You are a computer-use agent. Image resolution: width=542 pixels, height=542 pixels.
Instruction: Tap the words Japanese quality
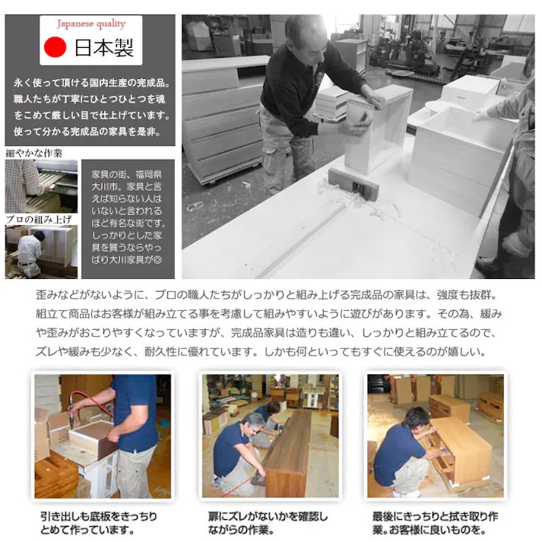tap(90, 24)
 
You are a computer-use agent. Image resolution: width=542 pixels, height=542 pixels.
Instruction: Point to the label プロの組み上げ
tap(39, 220)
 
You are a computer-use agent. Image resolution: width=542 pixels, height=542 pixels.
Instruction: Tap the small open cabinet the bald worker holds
tap(377, 125)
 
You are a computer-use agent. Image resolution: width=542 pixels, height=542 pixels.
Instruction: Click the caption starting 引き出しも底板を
tap(98, 522)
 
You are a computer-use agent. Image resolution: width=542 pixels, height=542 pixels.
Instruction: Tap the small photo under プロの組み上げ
tap(41, 252)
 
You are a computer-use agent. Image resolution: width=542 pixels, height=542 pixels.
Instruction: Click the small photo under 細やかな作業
tap(41, 186)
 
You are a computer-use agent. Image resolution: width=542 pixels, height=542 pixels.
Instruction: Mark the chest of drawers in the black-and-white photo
tap(221, 122)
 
